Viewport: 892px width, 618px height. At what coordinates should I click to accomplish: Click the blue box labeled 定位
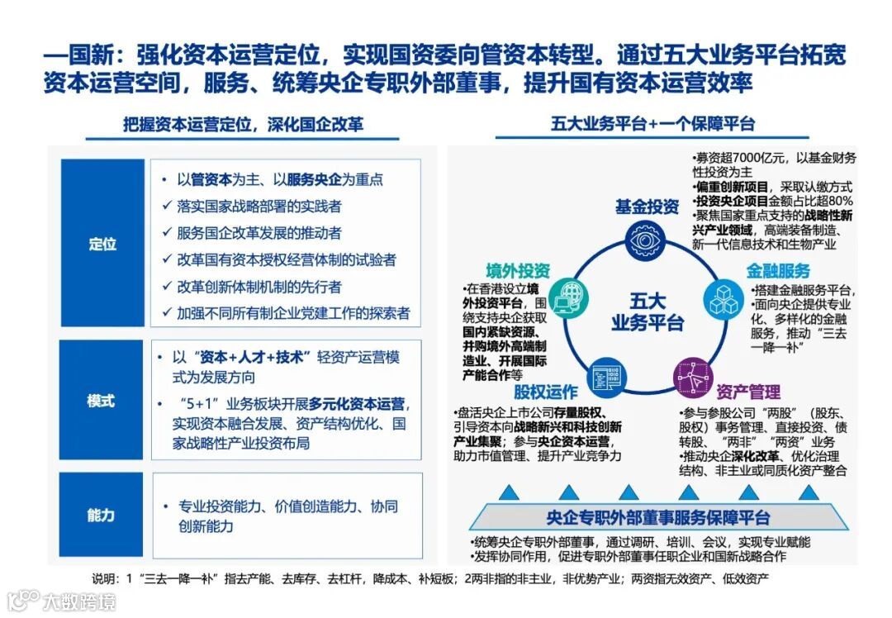point(102,244)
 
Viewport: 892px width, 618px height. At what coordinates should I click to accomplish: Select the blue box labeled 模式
point(102,401)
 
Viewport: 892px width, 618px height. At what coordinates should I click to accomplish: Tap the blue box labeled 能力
point(102,515)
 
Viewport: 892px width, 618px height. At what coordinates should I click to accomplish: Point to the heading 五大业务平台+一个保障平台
point(652,125)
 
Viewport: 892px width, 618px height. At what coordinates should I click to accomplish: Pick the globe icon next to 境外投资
point(567,299)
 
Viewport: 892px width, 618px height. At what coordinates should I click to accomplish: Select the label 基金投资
point(647,207)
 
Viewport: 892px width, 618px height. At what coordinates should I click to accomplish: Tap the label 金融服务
point(778,270)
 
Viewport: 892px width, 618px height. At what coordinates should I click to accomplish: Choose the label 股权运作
point(545,391)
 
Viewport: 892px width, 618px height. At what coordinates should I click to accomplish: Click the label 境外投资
point(518,270)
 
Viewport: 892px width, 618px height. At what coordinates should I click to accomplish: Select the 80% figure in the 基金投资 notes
point(837,200)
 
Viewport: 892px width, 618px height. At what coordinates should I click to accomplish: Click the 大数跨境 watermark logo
point(62,600)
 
